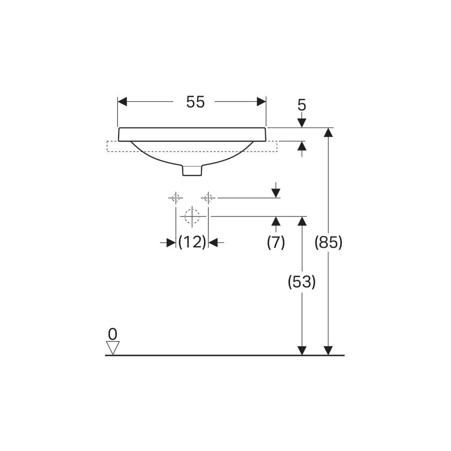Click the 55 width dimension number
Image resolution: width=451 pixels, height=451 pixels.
tap(195, 102)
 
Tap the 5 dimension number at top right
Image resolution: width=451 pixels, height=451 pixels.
tap(302, 105)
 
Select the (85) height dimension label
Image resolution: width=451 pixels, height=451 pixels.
tap(328, 242)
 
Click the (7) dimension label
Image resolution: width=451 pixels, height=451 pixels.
tap(276, 242)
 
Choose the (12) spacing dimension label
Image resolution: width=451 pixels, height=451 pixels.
tap(192, 242)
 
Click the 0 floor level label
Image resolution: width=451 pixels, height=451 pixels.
tap(113, 334)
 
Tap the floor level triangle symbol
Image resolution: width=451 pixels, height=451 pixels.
tap(113, 348)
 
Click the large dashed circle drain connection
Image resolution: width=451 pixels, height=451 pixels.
tap(192, 216)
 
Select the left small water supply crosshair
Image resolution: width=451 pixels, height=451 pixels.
tap(176, 198)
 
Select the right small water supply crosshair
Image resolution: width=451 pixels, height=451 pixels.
tap(208, 198)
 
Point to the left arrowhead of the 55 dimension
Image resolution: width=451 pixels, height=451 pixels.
tap(122, 101)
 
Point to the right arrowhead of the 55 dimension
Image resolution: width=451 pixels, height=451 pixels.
tap(262, 101)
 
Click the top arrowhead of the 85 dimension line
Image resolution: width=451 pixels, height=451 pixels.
tap(328, 132)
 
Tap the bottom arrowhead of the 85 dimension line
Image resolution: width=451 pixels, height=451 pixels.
tap(328, 350)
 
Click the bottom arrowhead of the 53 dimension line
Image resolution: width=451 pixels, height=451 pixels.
tap(302, 350)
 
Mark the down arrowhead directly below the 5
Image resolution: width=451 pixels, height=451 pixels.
tap(302, 123)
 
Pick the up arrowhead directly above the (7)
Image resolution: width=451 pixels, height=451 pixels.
tap(276, 221)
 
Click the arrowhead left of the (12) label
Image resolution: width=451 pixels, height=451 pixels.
tap(171, 243)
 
